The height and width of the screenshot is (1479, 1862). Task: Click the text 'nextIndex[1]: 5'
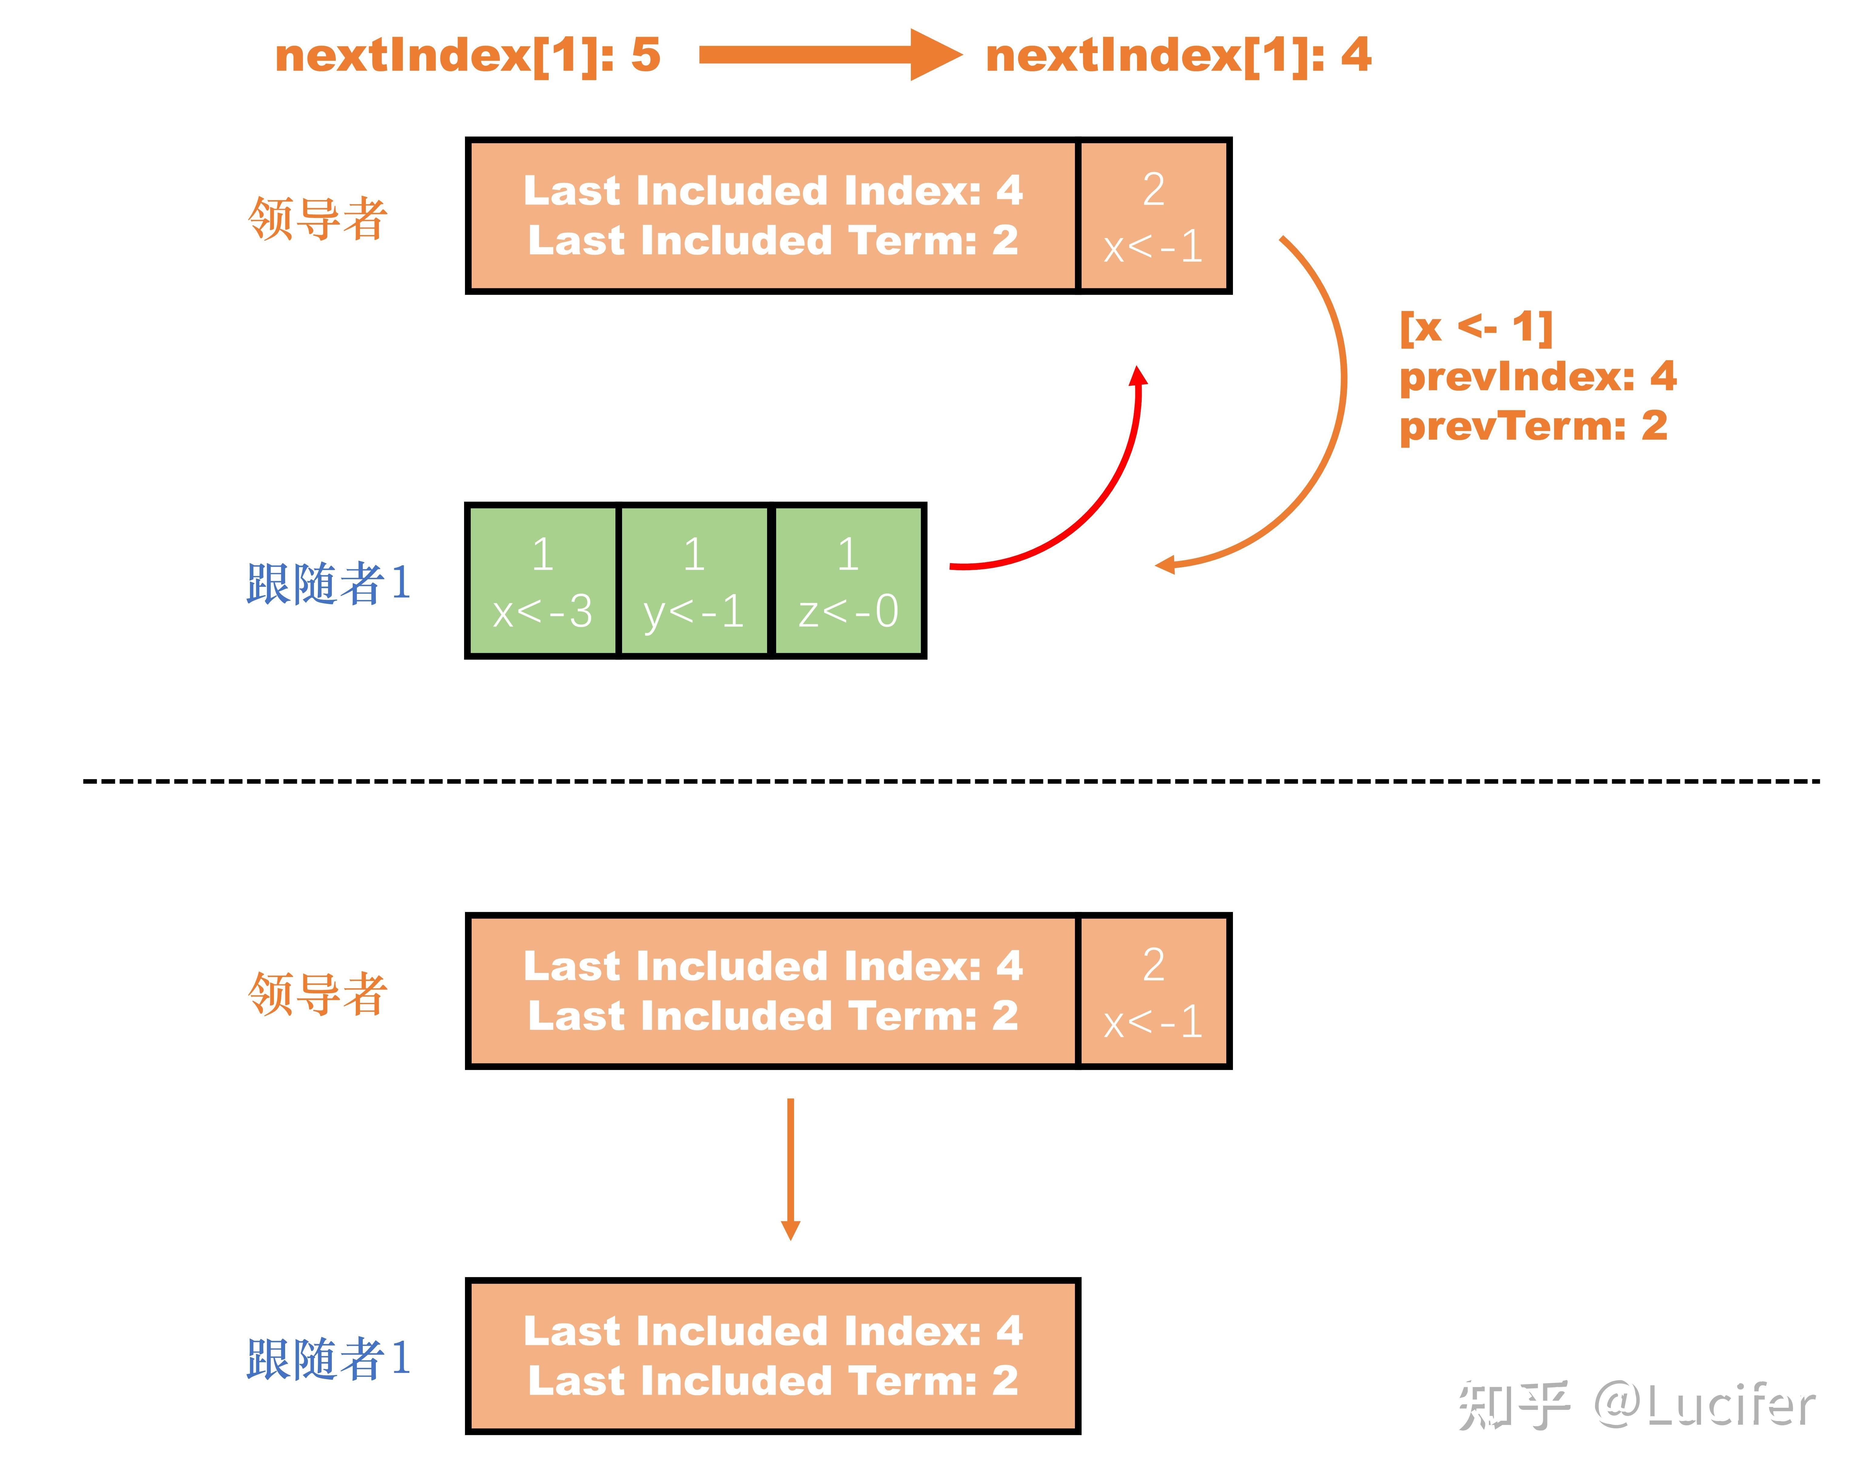click(467, 55)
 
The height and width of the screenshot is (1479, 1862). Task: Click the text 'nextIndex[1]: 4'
click(1178, 55)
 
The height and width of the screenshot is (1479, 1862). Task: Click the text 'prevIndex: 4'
click(1537, 376)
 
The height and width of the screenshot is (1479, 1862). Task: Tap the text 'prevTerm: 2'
click(1533, 426)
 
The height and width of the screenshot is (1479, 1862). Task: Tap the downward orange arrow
click(790, 1169)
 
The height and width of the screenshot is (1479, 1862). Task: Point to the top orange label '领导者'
click(317, 217)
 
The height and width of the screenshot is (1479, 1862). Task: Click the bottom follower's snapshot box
click(773, 1356)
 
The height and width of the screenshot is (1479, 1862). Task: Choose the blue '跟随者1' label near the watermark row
click(328, 1358)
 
